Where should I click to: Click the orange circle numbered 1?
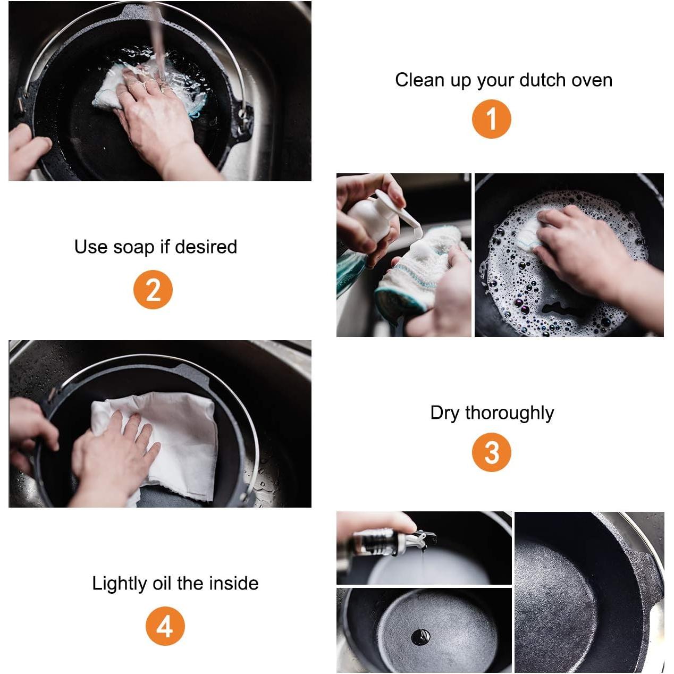pos(491,119)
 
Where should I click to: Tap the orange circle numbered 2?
pos(153,289)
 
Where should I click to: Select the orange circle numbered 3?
pos(491,452)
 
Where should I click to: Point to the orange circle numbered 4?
pos(165,626)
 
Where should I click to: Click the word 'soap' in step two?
pos(133,248)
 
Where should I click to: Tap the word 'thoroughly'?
pos(509,414)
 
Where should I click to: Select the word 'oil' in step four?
pos(162,583)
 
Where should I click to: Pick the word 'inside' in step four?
pos(234,583)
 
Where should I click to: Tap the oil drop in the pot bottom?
pos(420,637)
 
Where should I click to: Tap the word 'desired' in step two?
pos(206,247)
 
